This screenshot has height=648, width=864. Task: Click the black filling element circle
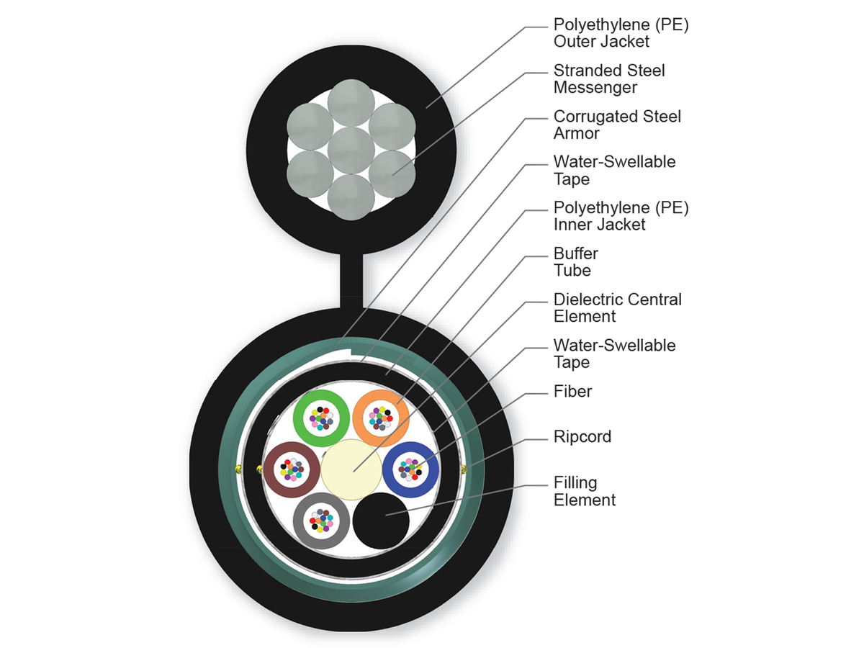[382, 521]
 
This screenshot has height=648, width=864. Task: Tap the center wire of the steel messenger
[351, 150]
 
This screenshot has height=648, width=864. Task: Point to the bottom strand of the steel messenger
[351, 196]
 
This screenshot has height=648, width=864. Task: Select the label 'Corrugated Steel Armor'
[617, 125]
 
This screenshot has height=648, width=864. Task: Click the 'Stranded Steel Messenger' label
[609, 79]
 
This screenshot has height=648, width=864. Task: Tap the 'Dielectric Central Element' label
[617, 307]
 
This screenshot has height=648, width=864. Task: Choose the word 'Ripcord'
[582, 437]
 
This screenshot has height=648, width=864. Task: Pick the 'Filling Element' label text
[585, 491]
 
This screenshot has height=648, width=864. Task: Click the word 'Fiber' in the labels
[573, 391]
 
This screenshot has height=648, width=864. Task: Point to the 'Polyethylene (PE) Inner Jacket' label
[621, 216]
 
